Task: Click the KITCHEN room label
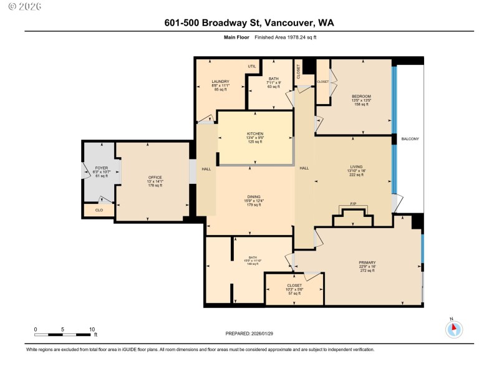click(254, 134)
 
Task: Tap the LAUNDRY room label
click(220, 82)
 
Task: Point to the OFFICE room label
click(155, 178)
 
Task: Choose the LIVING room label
click(356, 167)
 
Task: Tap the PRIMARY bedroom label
click(367, 262)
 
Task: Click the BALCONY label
click(410, 139)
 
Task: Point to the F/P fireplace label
click(354, 205)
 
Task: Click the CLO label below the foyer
click(99, 211)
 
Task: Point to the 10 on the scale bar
click(92, 329)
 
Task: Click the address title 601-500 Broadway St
click(249, 23)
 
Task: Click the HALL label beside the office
click(206, 169)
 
